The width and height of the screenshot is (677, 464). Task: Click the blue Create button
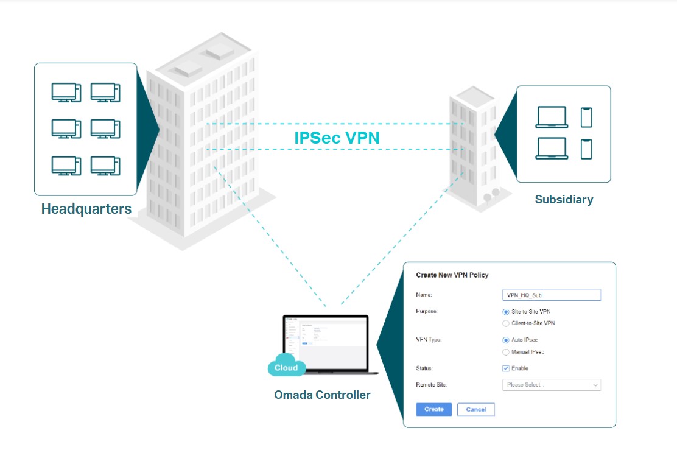(x=433, y=409)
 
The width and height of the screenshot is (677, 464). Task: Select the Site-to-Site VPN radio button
(x=506, y=312)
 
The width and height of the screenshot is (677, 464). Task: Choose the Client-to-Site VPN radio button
(x=506, y=323)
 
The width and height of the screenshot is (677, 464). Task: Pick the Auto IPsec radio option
(x=506, y=340)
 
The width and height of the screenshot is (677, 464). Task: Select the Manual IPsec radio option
(x=506, y=352)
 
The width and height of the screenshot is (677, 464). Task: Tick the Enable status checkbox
(x=506, y=368)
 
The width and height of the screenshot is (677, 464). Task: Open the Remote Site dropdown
(x=551, y=385)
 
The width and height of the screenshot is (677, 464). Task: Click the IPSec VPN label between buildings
(x=337, y=138)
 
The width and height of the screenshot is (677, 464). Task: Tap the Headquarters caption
(x=86, y=209)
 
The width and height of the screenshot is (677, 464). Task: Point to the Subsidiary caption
(x=564, y=199)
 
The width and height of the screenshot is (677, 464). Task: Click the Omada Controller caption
(x=322, y=395)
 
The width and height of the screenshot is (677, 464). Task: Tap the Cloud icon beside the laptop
(x=286, y=367)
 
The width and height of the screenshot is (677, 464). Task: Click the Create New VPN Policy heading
(x=452, y=275)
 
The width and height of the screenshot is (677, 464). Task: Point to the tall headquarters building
(x=201, y=140)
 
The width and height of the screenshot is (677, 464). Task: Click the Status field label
(x=424, y=368)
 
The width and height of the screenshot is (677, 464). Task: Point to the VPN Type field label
(x=429, y=340)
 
